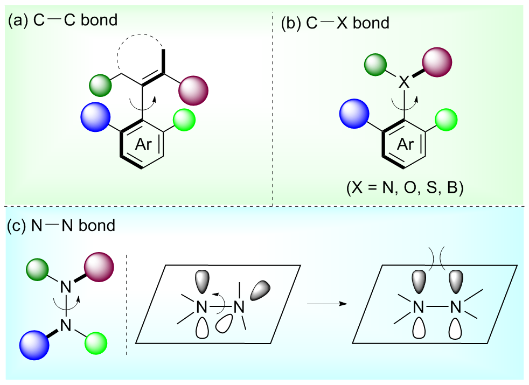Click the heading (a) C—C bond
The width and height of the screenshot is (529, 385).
tap(62, 20)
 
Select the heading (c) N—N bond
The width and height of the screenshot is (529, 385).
tap(61, 225)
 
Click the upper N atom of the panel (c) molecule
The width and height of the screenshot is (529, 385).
tap(66, 288)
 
